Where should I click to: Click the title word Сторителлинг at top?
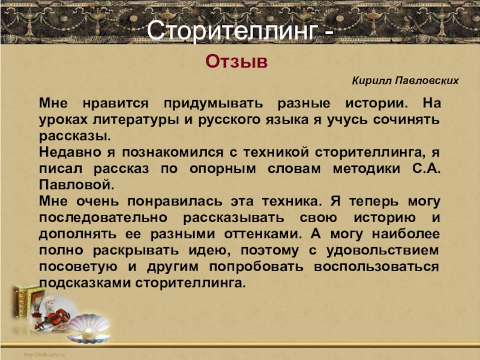click(230, 29)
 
